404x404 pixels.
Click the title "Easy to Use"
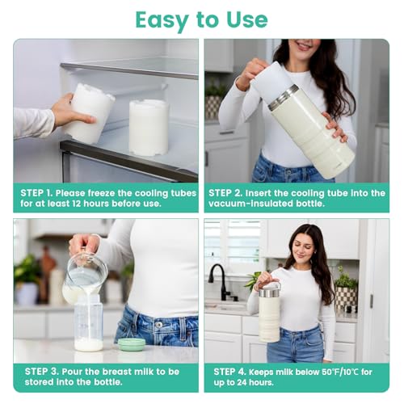point(201,19)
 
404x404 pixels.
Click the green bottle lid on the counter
point(131,343)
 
